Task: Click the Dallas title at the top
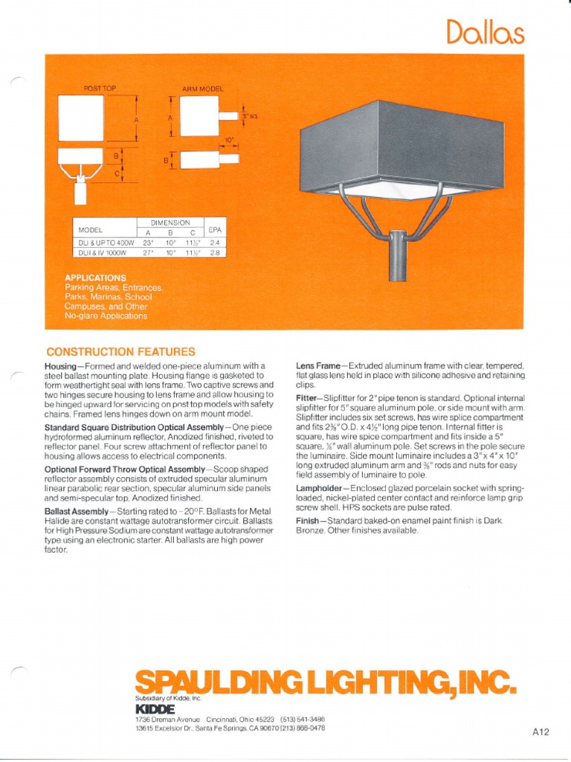click(485, 33)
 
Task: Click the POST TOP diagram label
click(100, 89)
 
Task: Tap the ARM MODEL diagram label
click(202, 89)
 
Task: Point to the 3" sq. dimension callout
click(248, 116)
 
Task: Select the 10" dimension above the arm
click(229, 139)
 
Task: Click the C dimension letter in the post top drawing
click(115, 174)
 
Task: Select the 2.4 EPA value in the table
click(215, 243)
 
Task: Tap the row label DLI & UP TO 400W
click(103, 243)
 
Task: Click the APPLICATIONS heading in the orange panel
click(95, 278)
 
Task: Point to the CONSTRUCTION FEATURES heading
click(120, 351)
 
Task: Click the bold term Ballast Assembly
click(77, 513)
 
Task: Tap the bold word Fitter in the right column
click(306, 398)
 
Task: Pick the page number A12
click(540, 731)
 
